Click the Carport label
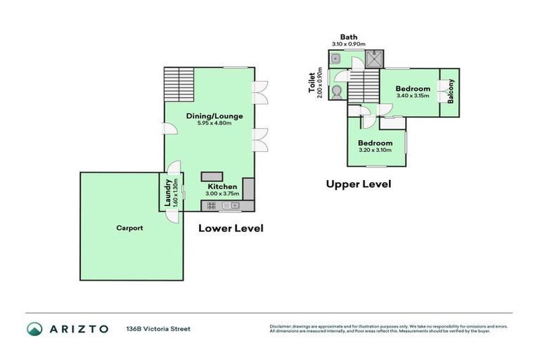click(x=130, y=228)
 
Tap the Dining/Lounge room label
click(x=210, y=115)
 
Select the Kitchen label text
click(x=221, y=186)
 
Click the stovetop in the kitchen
click(x=211, y=206)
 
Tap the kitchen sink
click(x=231, y=206)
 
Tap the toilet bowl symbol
click(x=338, y=91)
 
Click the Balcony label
click(x=451, y=92)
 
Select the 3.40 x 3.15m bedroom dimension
click(x=412, y=96)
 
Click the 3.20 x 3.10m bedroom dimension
click(x=375, y=150)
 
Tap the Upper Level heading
click(x=358, y=184)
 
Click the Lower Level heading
click(x=231, y=228)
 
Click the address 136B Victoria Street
click(x=157, y=328)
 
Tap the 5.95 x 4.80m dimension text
click(x=210, y=124)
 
